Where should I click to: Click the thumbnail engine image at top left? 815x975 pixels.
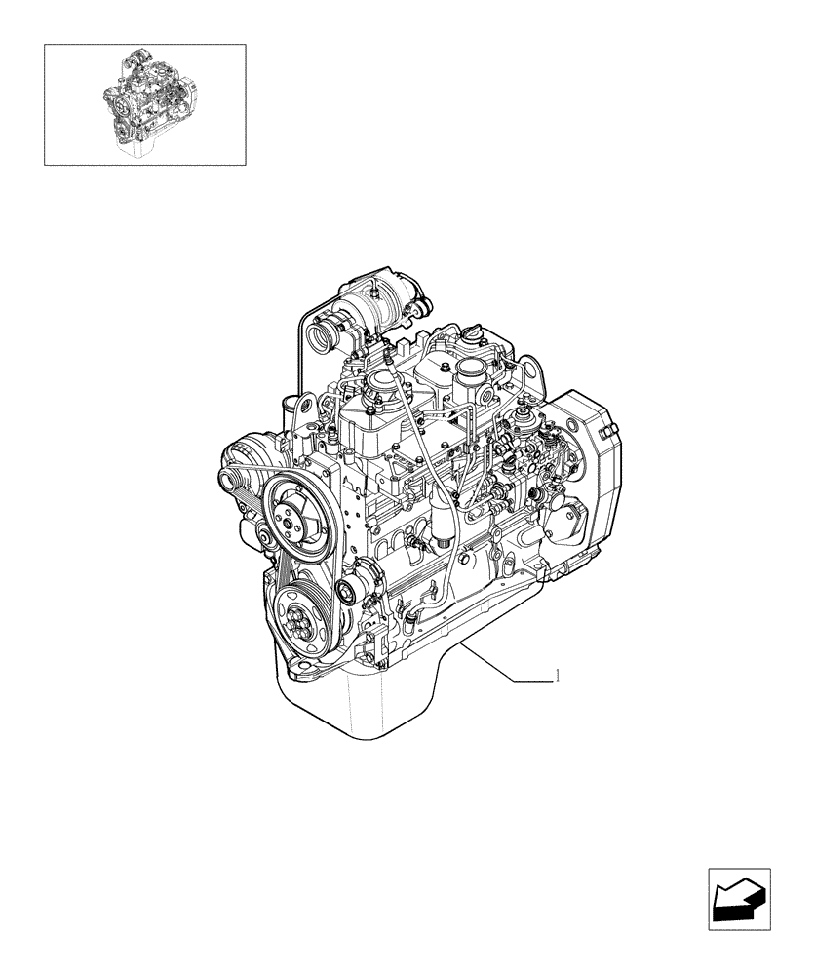coord(144,103)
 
